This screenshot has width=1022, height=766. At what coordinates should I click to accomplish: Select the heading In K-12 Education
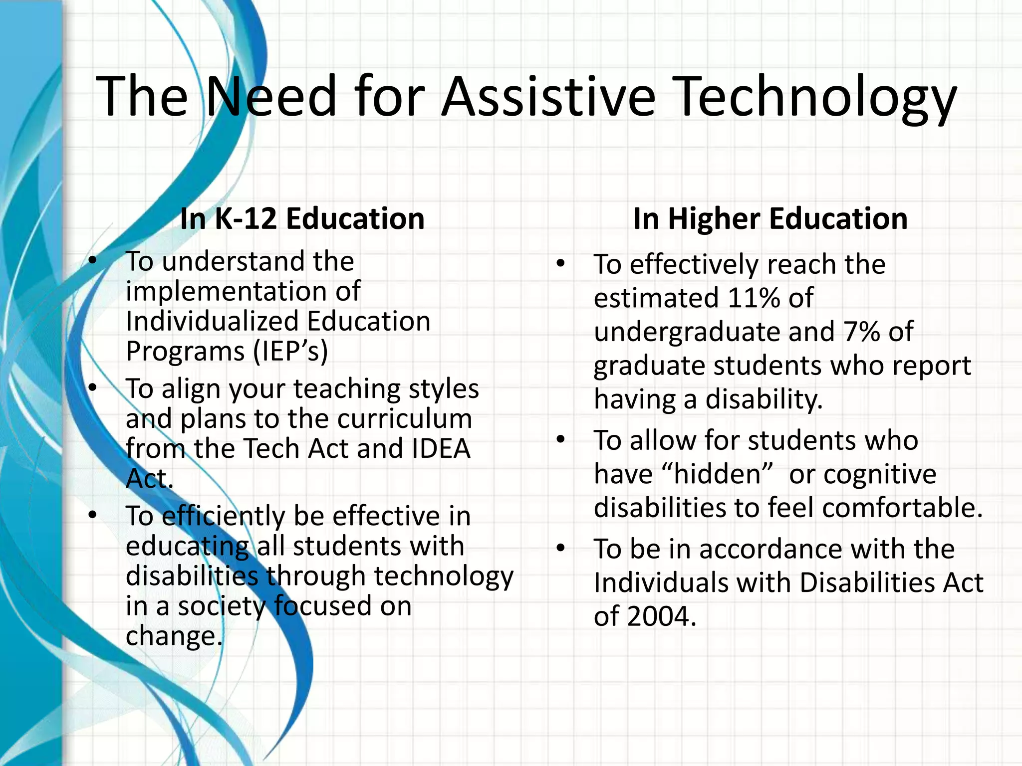(302, 218)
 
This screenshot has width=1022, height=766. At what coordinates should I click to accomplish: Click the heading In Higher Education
(770, 218)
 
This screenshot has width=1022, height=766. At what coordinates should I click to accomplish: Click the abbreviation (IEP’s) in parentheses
(290, 351)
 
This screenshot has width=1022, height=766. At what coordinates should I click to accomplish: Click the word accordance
(770, 550)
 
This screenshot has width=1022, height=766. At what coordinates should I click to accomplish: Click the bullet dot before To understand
(92, 261)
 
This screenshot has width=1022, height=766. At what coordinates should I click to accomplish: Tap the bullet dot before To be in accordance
(561, 549)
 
